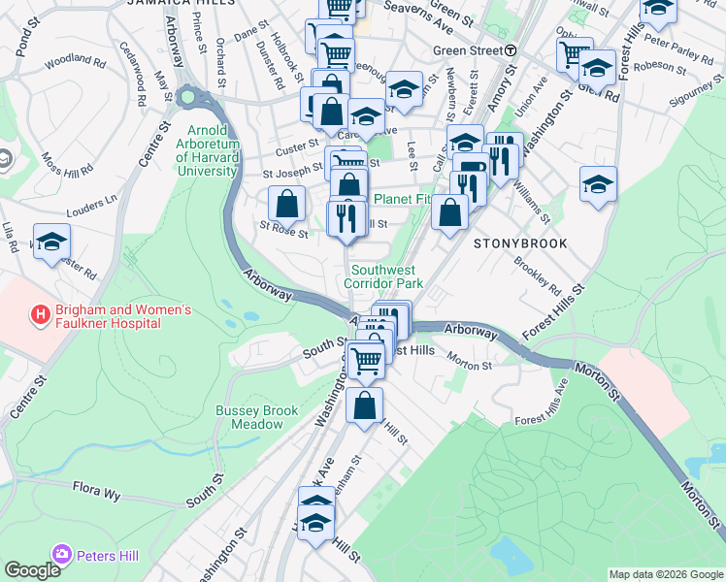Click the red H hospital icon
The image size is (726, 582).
40,314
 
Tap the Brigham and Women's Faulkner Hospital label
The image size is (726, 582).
109,316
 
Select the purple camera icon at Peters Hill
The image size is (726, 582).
62,554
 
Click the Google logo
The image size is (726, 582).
32,569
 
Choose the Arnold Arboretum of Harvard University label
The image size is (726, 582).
207,150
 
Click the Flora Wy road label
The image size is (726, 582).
96,490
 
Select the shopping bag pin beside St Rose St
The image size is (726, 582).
286,205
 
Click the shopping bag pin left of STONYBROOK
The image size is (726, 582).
449,214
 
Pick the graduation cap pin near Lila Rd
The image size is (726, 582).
51,243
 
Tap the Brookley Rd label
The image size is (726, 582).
538,275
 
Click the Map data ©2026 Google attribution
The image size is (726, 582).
666,574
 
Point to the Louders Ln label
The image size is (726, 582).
91,205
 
